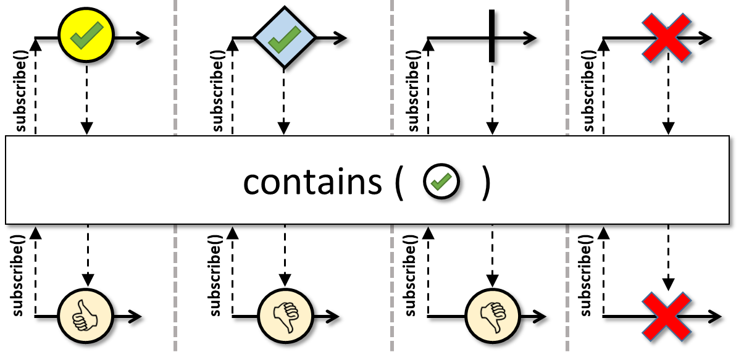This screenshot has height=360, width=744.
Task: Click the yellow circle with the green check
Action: [86, 35]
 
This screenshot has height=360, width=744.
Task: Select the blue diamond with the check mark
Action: [284, 38]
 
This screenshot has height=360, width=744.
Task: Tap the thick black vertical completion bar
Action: [492, 36]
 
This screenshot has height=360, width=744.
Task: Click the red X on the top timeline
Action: [667, 38]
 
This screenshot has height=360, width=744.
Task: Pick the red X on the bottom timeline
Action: [667, 317]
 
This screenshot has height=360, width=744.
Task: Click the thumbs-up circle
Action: [86, 316]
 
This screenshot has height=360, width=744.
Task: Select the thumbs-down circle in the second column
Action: [286, 316]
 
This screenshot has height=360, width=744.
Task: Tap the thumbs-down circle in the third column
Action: [493, 316]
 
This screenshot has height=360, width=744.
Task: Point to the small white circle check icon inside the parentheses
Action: [441, 182]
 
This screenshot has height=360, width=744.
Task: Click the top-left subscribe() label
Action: [20, 91]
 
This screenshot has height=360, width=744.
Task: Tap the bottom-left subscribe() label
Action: [18, 275]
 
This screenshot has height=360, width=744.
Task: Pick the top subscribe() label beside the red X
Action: [588, 91]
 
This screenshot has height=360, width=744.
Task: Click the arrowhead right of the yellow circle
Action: [142, 38]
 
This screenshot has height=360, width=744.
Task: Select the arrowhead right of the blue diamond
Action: [340, 38]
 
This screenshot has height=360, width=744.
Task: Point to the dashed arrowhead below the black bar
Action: [492, 128]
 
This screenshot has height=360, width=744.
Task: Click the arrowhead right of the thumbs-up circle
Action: [135, 317]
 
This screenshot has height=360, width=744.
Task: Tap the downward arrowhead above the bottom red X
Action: [668, 285]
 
